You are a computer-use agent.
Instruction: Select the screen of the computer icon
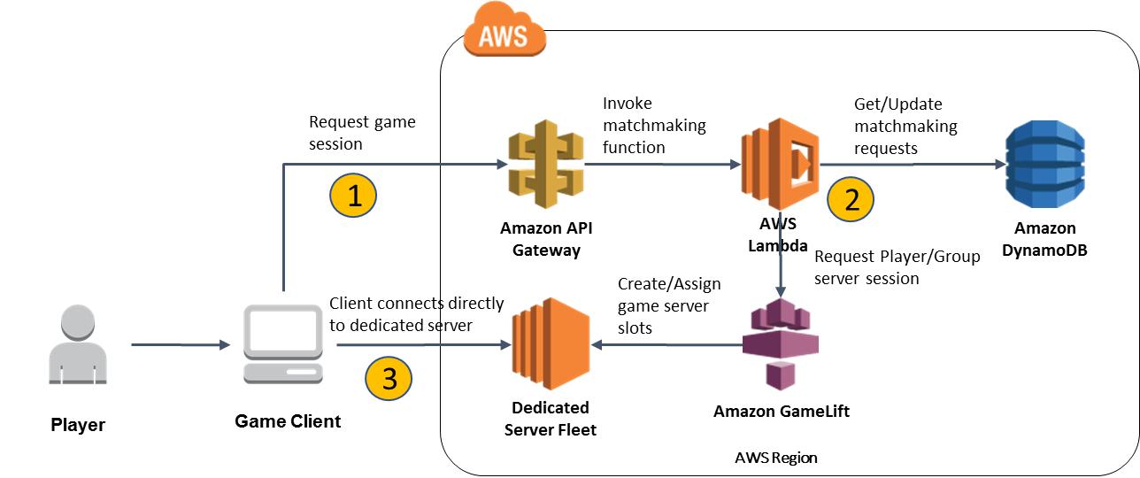click(283, 330)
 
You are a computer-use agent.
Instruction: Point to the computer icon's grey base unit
click(283, 373)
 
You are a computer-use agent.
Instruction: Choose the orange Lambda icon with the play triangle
click(780, 164)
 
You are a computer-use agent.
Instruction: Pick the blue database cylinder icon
click(1044, 166)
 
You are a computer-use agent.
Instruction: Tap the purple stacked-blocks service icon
click(780, 344)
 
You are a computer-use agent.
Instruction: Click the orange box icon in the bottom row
click(551, 343)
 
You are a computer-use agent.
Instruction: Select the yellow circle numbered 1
click(353, 196)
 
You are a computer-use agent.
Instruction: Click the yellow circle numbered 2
click(851, 200)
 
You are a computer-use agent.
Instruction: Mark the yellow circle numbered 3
click(389, 378)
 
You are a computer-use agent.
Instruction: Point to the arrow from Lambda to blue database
click(912, 165)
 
